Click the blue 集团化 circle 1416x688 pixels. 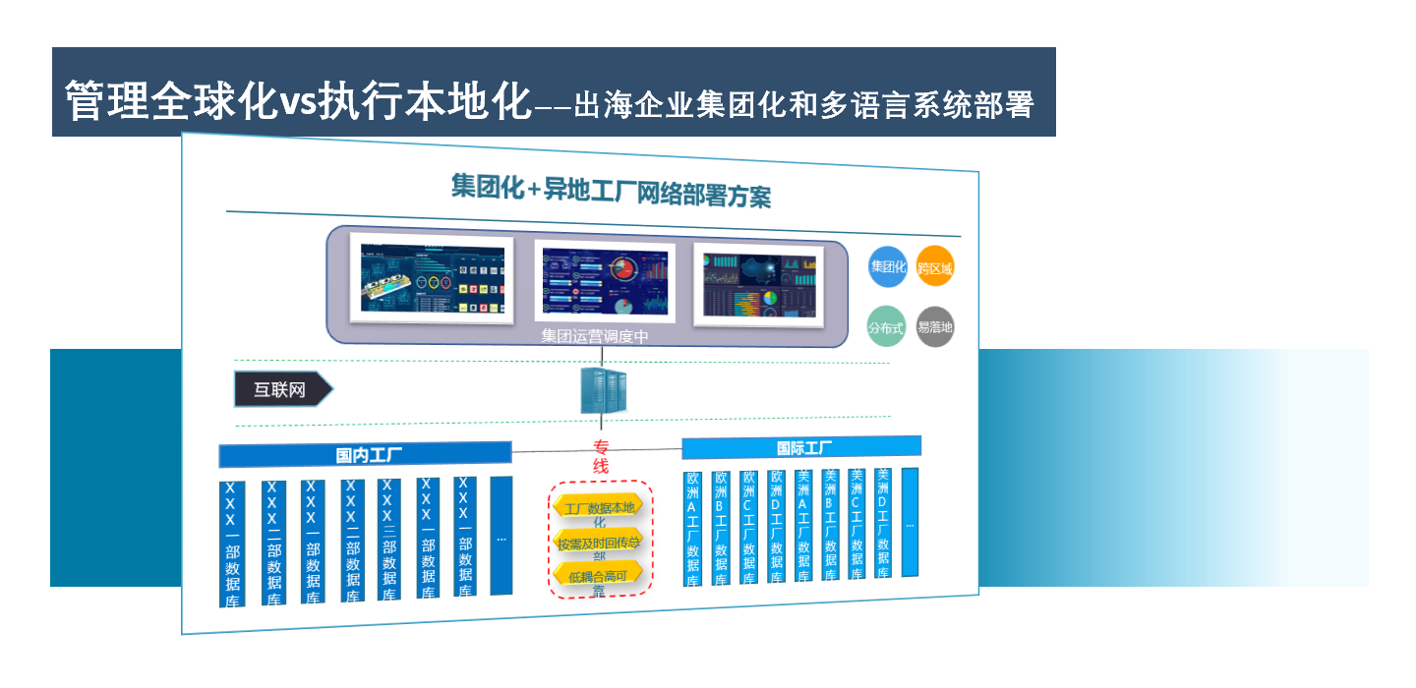[887, 266]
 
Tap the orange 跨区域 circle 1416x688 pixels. [935, 266]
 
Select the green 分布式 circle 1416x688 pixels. [886, 328]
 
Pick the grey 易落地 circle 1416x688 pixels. [934, 327]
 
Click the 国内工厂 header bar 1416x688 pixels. [365, 455]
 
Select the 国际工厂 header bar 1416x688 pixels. [801, 448]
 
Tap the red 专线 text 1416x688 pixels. [601, 457]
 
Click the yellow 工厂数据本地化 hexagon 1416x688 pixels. [599, 508]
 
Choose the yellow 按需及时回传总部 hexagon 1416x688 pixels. [599, 543]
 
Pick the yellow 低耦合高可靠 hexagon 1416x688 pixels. [599, 576]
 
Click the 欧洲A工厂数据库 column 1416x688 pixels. [693, 528]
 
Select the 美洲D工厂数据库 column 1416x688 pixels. [883, 522]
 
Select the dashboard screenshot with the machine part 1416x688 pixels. [433, 279]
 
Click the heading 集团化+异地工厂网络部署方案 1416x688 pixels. [611, 191]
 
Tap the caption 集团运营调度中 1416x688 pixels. [594, 337]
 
